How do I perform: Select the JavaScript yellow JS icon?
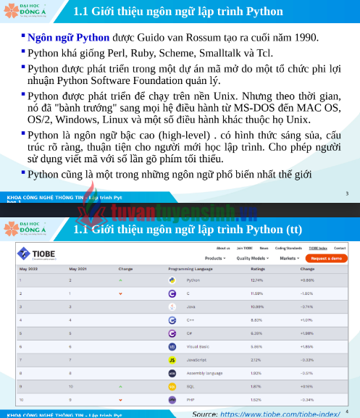172,359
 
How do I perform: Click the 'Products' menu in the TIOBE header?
214,258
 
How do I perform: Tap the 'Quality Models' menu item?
251,258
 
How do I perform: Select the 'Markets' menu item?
289,258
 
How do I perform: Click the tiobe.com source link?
280,414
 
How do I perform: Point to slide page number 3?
347,193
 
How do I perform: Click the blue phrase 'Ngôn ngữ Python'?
69,37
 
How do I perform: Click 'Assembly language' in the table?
204,373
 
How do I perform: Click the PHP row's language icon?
172,399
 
